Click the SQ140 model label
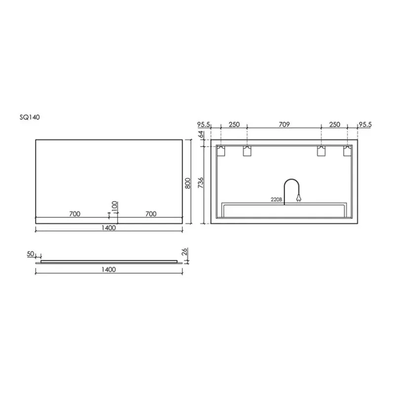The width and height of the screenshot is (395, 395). point(30,118)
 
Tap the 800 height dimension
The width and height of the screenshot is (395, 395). point(188,183)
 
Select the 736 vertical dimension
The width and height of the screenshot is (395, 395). point(200,183)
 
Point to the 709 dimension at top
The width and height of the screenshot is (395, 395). point(284,124)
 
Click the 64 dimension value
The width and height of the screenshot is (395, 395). point(201,135)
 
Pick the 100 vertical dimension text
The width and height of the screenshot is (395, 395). point(115,207)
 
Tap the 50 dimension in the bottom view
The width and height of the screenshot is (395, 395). point(31,254)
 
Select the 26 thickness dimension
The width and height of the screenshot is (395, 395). point(185,252)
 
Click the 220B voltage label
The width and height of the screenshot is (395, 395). point(276,199)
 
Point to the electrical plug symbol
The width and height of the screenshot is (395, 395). point(299,198)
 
